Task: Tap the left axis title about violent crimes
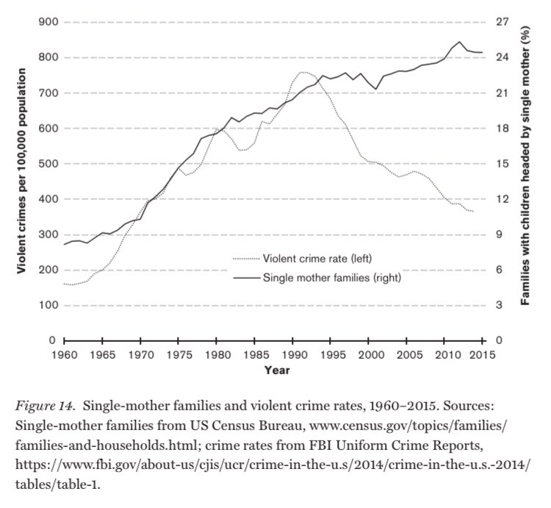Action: tap(21, 180)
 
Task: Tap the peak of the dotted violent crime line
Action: tap(303, 72)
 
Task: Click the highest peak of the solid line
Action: tap(459, 42)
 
